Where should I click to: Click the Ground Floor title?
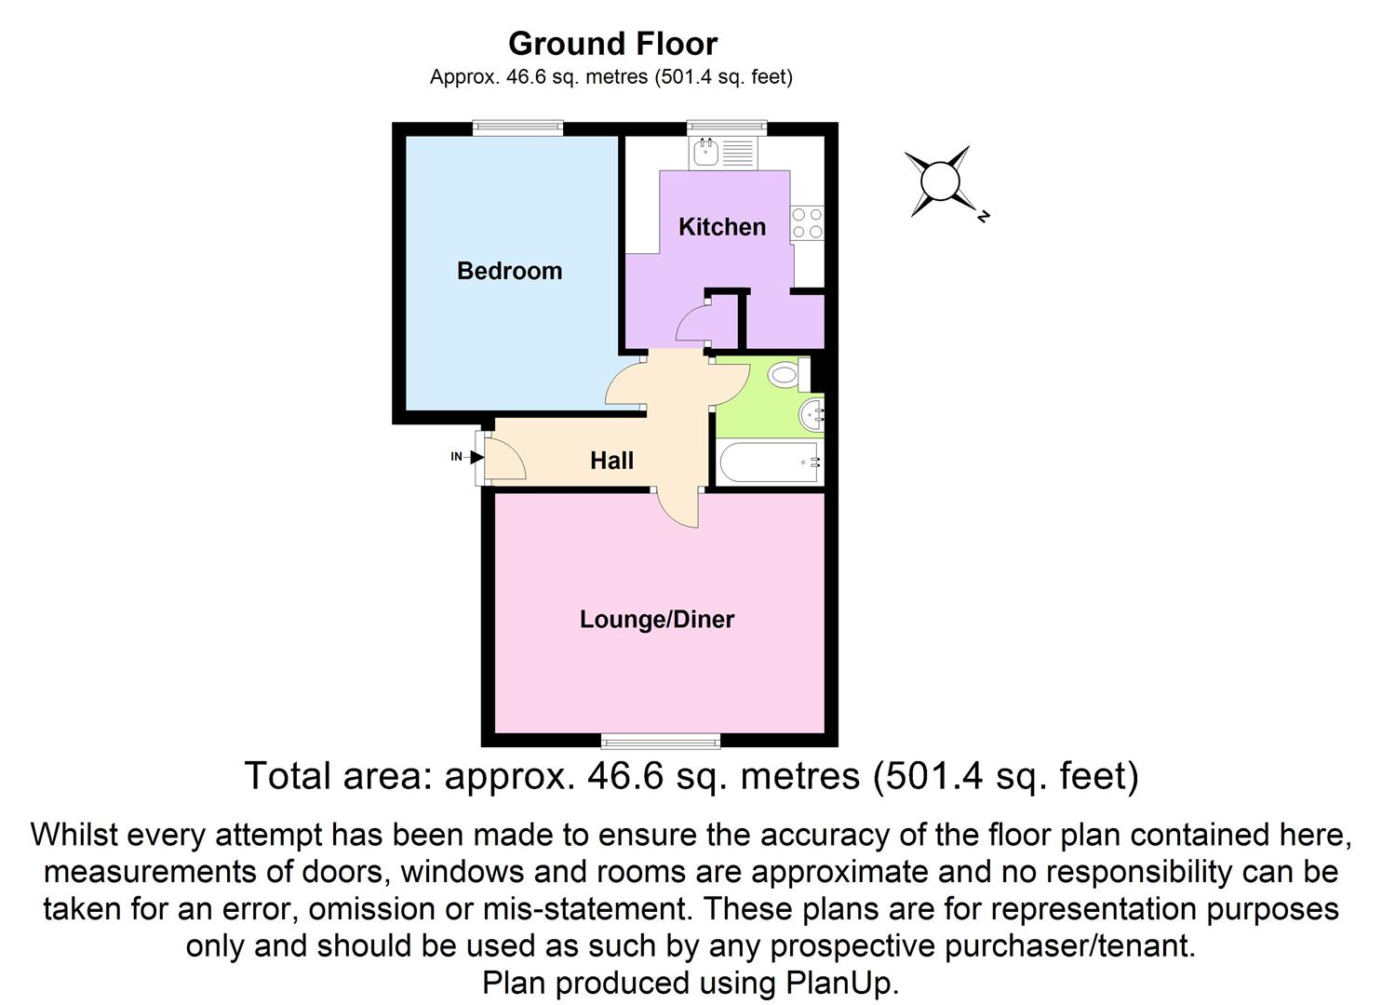(x=612, y=44)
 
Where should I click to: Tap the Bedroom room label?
(x=509, y=271)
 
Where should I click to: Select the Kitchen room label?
(x=721, y=226)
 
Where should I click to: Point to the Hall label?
(x=611, y=460)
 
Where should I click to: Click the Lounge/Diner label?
(x=657, y=619)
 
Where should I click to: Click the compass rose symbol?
(x=940, y=181)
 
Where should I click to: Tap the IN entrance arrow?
(x=476, y=457)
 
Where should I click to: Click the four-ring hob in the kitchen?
(x=806, y=223)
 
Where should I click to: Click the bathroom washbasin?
(x=812, y=414)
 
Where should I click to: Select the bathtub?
(x=769, y=462)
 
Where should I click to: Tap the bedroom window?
(x=517, y=128)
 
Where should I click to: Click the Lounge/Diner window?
(x=660, y=741)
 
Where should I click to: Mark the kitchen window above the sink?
(x=727, y=128)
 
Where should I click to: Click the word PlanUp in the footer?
(x=842, y=983)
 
